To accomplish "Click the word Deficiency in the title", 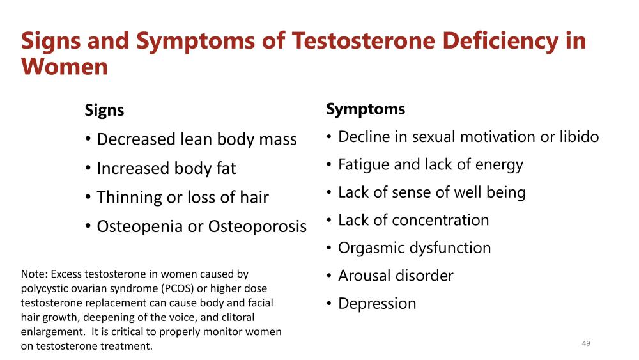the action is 500,42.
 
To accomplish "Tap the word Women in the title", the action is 65,67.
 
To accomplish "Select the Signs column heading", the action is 104,111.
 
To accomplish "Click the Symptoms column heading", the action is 366,109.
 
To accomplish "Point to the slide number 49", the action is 586,343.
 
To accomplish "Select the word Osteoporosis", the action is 257,227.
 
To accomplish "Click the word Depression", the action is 377,304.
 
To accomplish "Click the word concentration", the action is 440,220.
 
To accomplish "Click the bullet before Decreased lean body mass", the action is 88,139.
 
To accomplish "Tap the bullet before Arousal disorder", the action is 329,276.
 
